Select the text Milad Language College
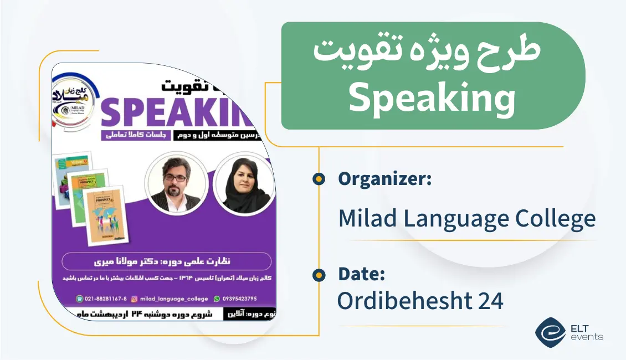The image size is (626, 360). point(466,218)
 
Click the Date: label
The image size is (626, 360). point(361,274)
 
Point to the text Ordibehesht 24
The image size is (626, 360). point(420,301)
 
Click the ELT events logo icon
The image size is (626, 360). point(550,332)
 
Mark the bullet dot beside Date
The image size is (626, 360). point(319,274)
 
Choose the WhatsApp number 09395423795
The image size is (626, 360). point(237,299)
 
